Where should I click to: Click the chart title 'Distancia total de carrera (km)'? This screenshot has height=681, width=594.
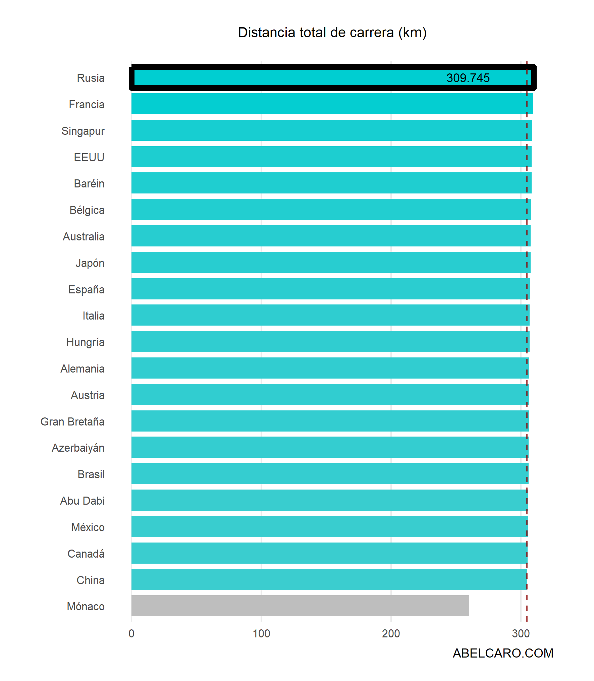332,33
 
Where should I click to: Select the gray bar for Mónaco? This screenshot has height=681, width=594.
300,606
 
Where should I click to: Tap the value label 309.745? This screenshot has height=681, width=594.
468,78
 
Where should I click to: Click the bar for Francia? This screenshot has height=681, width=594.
332,104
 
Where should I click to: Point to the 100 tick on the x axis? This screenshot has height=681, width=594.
261,633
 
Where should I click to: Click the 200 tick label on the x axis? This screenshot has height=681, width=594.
391,633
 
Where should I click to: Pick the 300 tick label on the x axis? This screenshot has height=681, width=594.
521,633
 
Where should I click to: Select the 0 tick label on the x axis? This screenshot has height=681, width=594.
131,633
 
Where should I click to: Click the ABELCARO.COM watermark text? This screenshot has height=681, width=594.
503,653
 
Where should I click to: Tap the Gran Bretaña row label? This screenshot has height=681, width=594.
72,421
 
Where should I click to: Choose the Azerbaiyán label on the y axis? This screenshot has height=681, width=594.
78,448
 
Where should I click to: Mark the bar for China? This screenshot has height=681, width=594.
329,579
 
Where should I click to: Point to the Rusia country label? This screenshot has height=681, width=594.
91,78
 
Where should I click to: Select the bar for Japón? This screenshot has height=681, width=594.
331,263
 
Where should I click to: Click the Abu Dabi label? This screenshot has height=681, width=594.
82,501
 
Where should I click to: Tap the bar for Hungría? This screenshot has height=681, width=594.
330,342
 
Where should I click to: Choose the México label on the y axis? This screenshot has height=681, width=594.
88,527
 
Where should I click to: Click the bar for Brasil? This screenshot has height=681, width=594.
330,474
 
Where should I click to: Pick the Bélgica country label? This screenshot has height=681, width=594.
87,210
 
